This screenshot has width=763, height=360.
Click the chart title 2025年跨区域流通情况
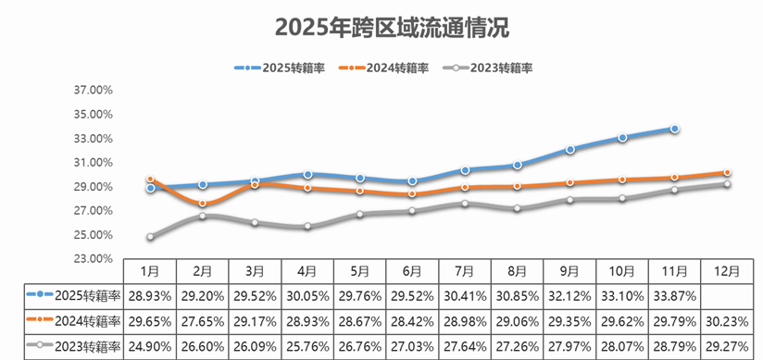click(x=381, y=26)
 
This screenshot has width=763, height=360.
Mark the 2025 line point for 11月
click(x=675, y=129)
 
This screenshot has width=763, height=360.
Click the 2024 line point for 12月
click(x=728, y=172)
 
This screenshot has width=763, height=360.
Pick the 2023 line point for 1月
click(x=150, y=237)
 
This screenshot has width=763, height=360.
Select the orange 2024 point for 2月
click(x=203, y=204)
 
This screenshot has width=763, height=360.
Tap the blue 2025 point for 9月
click(x=570, y=149)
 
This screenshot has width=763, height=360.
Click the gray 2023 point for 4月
click(x=307, y=227)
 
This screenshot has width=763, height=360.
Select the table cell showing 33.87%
click(x=675, y=295)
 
